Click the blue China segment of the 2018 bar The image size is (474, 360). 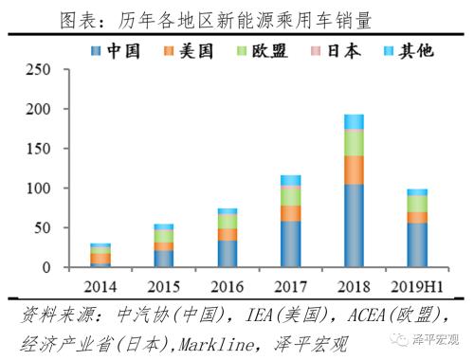pyautogui.click(x=354, y=225)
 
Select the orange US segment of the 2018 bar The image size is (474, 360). pyautogui.click(x=354, y=170)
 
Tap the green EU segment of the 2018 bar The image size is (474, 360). pyautogui.click(x=354, y=142)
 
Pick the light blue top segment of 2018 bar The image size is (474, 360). pyautogui.click(x=354, y=121)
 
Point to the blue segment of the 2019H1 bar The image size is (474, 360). pyautogui.click(x=417, y=245)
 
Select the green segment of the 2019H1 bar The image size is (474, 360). pyautogui.click(x=417, y=204)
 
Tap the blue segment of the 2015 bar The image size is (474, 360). pyautogui.click(x=164, y=259)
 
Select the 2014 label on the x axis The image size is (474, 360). pyautogui.click(x=100, y=285)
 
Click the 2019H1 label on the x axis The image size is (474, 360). pyautogui.click(x=417, y=285)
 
